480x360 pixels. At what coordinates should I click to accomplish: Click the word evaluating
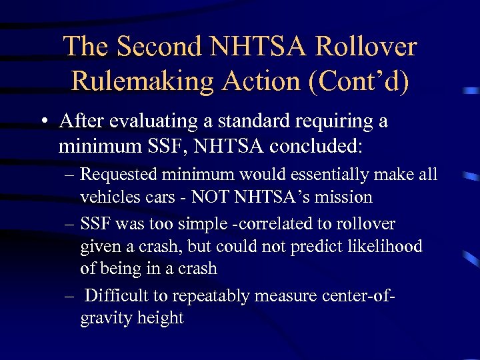tap(150, 122)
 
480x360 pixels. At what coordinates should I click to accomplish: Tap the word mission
tap(341, 197)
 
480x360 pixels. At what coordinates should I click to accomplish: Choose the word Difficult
tap(117, 295)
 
